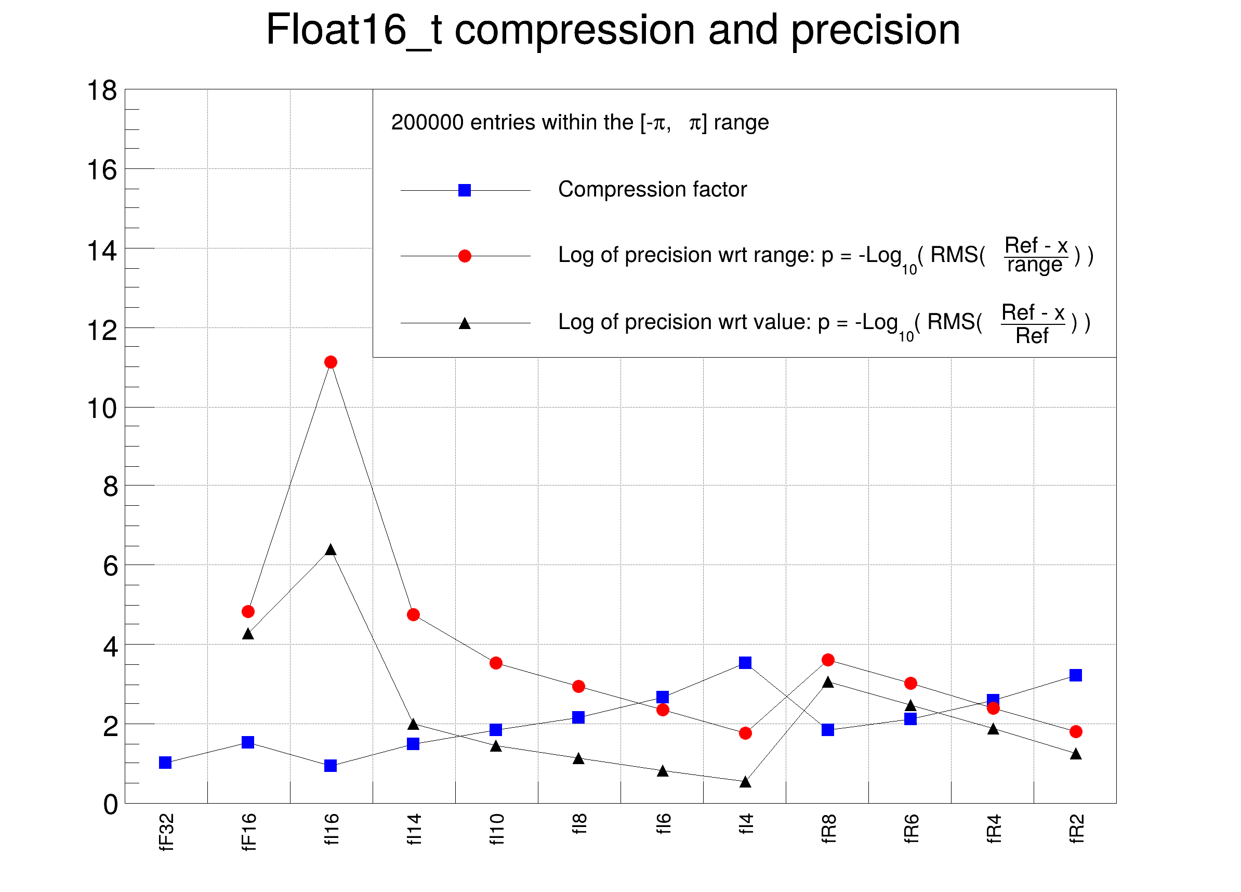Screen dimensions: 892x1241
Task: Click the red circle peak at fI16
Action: pyautogui.click(x=331, y=362)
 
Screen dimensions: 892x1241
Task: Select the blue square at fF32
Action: pyautogui.click(x=165, y=763)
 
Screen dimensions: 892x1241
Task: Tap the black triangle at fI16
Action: pyautogui.click(x=331, y=550)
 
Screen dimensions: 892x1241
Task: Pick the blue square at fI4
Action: pyautogui.click(x=745, y=663)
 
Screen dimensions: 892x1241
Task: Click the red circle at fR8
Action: pyautogui.click(x=828, y=660)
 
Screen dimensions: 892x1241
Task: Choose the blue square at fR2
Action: pyautogui.click(x=1076, y=675)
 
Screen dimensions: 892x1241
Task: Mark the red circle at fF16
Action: pyautogui.click(x=248, y=612)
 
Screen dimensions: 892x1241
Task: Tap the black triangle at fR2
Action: pyautogui.click(x=1076, y=754)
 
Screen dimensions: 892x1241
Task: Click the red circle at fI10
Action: pyautogui.click(x=496, y=663)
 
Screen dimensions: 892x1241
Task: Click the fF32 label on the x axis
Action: pyautogui.click(x=166, y=832)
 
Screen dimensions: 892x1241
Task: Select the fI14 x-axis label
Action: pyautogui.click(x=414, y=830)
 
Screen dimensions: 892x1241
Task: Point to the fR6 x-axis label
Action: pyautogui.click(x=911, y=829)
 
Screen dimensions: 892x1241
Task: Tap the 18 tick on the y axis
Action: pyautogui.click(x=102, y=91)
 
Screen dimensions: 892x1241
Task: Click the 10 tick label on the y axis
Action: pyautogui.click(x=102, y=409)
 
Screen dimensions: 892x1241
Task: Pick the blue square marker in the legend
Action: pyautogui.click(x=465, y=190)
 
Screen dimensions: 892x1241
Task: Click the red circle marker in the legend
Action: pyautogui.click(x=465, y=256)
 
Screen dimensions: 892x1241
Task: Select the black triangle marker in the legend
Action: pyautogui.click(x=465, y=323)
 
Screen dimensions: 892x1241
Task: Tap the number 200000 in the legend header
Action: pyautogui.click(x=427, y=123)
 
